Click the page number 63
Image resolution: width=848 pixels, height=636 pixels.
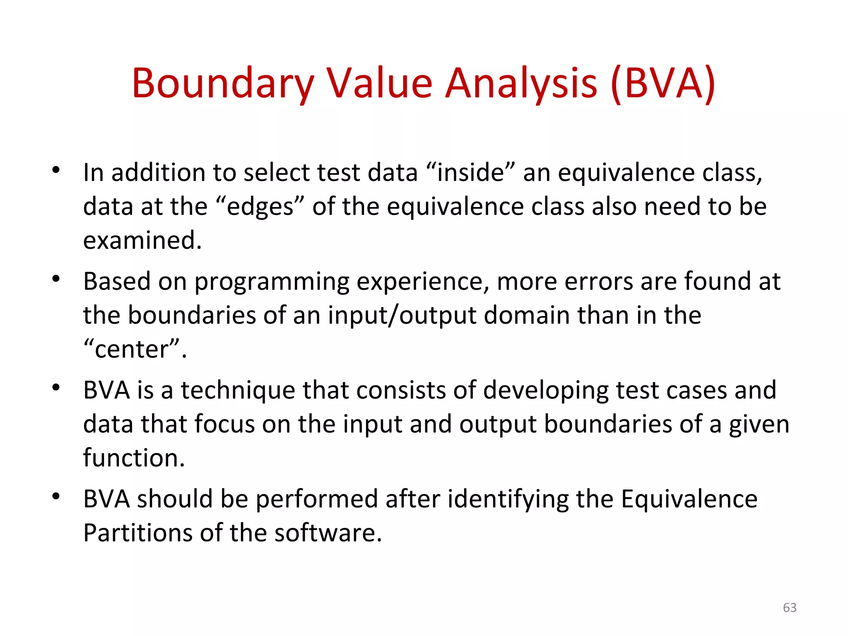click(790, 607)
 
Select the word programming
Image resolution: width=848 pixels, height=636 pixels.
click(272, 282)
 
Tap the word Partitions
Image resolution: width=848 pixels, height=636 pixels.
click(137, 533)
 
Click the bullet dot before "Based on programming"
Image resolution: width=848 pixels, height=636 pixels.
click(56, 279)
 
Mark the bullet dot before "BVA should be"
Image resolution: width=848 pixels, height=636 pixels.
click(56, 496)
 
